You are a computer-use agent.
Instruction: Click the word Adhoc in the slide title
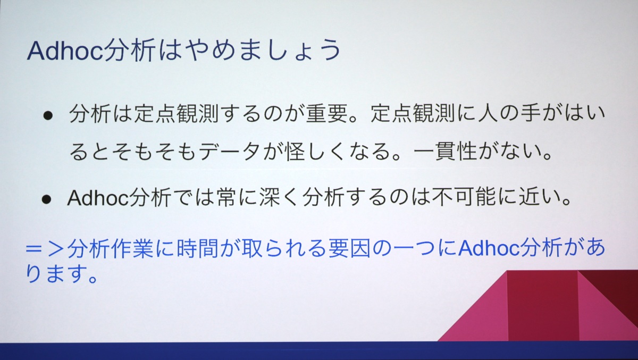point(65,51)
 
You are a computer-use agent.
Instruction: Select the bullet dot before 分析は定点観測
point(48,116)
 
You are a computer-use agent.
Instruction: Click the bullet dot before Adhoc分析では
point(46,199)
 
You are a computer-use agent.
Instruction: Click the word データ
point(229,151)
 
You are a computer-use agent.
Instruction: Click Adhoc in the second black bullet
point(98,198)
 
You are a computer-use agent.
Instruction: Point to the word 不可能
point(464,197)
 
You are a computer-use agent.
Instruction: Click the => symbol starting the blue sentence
point(45,249)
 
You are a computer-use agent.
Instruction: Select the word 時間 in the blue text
point(197,249)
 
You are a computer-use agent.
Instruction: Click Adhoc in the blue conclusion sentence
point(489,249)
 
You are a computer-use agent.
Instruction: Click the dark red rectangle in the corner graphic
point(543,306)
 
